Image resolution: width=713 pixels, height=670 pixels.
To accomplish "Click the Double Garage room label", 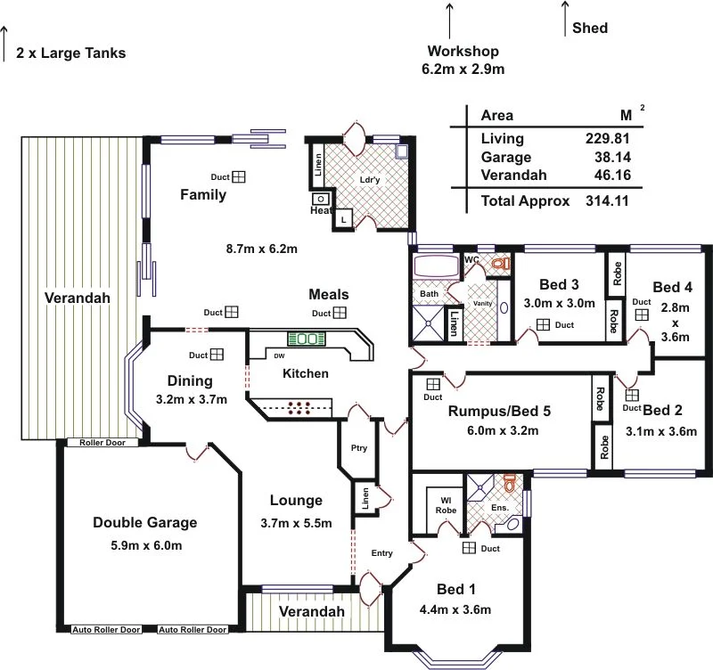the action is [144, 523].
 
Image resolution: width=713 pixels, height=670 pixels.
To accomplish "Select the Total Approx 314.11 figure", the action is [607, 201].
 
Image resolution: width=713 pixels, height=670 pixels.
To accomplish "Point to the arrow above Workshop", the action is [449, 20].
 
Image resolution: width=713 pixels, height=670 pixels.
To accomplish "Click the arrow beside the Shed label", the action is [565, 18].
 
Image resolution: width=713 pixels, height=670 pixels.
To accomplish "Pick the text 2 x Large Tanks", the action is [70, 53].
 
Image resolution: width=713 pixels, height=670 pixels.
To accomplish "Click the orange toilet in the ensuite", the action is [509, 485].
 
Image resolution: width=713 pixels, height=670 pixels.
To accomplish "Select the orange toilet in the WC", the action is [499, 264].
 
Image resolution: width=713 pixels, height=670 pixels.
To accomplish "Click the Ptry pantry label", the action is [359, 448].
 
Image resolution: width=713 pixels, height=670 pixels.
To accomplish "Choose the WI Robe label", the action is [446, 505].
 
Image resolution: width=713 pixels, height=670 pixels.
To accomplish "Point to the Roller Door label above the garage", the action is [102, 443].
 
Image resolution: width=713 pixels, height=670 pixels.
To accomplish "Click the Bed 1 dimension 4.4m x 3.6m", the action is [455, 610].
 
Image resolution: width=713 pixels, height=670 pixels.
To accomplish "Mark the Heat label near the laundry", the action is [320, 211].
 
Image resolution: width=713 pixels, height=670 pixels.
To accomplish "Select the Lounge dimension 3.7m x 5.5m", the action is [296, 523].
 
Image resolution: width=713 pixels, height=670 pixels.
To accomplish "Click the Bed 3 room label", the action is [560, 285].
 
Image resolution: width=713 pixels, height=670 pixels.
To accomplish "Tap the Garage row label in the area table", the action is [506, 157].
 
